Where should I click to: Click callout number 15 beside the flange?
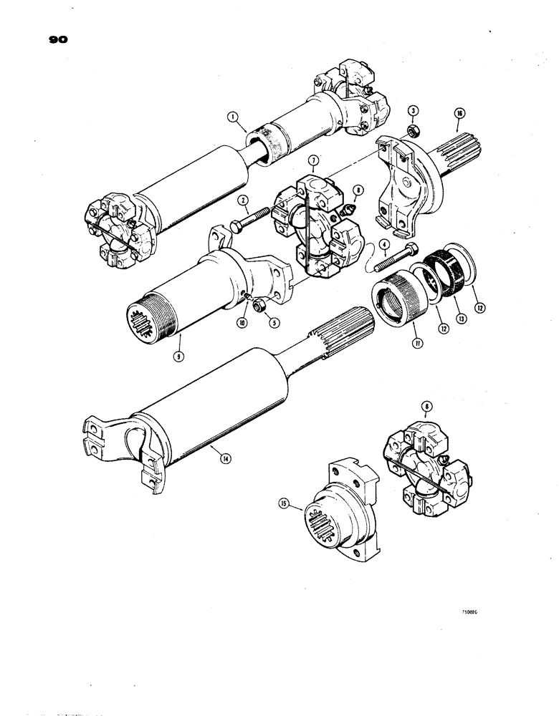click(x=285, y=504)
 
